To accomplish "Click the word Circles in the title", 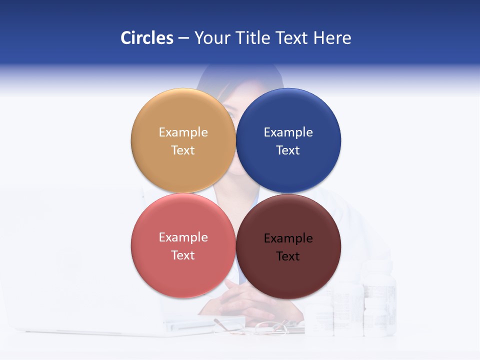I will point(146,38).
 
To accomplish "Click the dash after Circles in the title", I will point(183,38).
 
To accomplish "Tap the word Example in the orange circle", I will point(183,132).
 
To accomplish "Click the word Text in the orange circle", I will point(183,150).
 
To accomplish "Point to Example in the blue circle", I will point(288,132).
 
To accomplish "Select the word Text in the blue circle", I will point(288,150).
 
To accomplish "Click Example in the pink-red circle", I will point(183,237).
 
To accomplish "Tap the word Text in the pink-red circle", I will point(183,255).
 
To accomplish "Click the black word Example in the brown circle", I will point(288,238).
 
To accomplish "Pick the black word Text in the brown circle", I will point(288,256).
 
